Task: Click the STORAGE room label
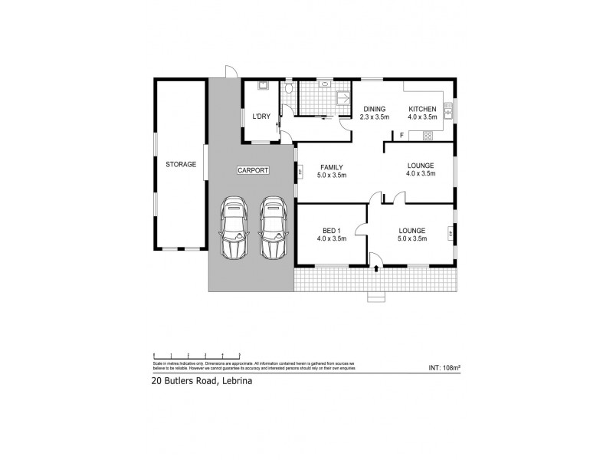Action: click(181, 164)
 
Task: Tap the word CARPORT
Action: click(252, 170)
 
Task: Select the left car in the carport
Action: click(234, 228)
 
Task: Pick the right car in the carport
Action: click(272, 228)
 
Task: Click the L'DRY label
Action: click(261, 117)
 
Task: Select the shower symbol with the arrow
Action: click(343, 98)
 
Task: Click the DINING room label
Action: click(375, 108)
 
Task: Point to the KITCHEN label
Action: click(422, 108)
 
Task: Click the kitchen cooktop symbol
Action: click(427, 136)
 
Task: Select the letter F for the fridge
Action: click(402, 136)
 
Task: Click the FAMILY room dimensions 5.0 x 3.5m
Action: click(332, 176)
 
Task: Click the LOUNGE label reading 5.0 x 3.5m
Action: click(412, 238)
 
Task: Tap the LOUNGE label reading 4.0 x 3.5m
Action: click(421, 173)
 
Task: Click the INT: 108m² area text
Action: click(444, 368)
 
